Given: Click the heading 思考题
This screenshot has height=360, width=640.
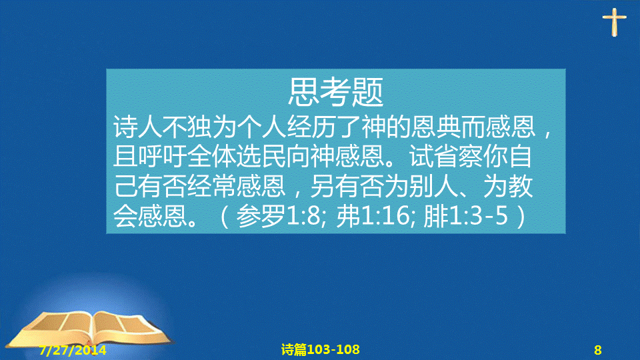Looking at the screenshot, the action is tap(335, 92).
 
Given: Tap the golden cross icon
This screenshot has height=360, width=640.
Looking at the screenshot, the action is tap(614, 22).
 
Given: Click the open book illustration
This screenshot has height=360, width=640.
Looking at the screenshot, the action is tap(91, 329).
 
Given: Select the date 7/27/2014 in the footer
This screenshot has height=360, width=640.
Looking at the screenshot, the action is tap(73, 350).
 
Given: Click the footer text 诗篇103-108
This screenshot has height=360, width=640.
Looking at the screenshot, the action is tap(321, 349).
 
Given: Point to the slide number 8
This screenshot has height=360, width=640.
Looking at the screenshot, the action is tap(597, 350).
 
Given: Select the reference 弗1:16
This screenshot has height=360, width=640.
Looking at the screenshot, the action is tap(372, 215).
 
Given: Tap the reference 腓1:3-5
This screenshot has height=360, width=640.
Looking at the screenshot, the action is tap(466, 215).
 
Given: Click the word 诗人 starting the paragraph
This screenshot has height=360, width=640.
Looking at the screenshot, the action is tap(137, 127).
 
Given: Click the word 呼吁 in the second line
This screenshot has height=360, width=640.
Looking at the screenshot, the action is tap(163, 157).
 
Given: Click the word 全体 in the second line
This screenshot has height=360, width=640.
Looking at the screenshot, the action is tap(212, 157).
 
